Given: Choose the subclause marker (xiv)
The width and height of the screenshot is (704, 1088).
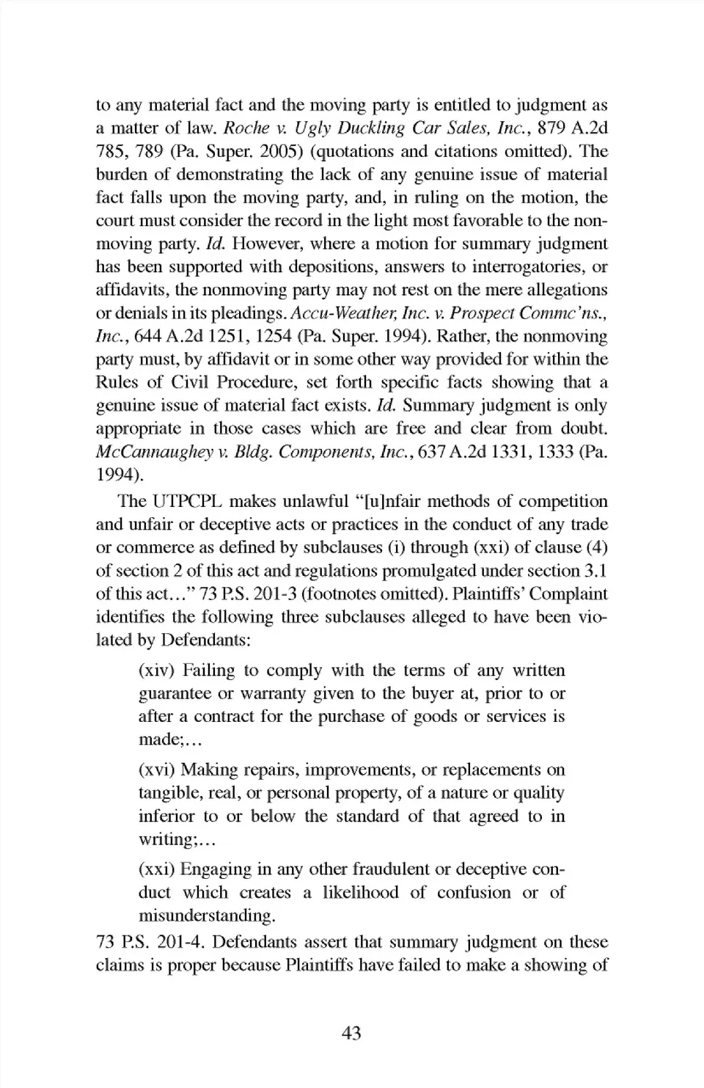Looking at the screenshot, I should pyautogui.click(x=157, y=671).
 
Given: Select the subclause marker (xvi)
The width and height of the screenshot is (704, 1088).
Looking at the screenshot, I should pyautogui.click(x=157, y=770).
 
